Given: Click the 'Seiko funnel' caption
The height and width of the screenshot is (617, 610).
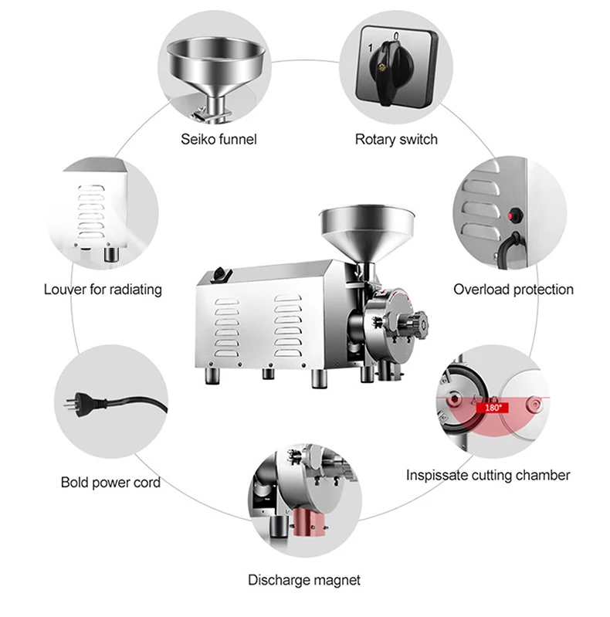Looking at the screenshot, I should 219,140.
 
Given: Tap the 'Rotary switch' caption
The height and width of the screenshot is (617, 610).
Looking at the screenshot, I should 395,140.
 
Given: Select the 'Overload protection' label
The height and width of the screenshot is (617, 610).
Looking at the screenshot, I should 513,290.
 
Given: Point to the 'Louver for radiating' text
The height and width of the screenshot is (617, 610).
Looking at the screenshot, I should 103,290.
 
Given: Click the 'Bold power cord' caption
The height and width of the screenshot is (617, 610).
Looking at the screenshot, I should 110,483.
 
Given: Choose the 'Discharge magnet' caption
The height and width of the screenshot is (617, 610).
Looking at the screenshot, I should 303,579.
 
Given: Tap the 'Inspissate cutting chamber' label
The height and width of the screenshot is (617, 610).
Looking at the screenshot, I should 488,475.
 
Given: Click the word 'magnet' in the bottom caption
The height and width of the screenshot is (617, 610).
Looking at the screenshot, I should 337,579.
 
